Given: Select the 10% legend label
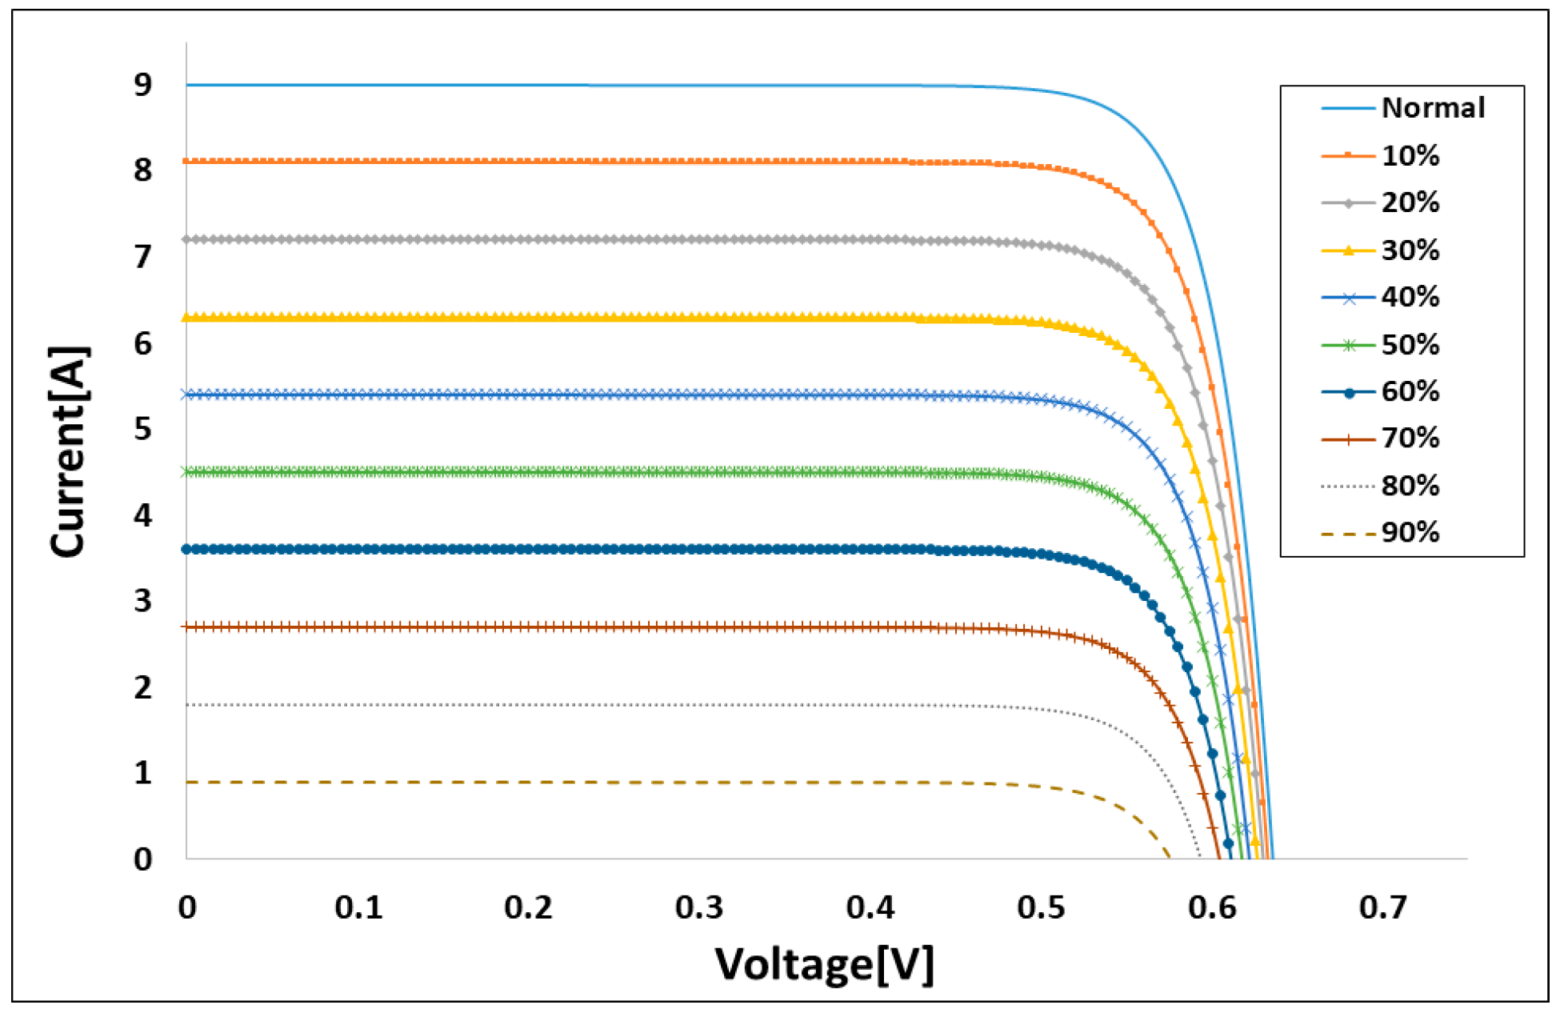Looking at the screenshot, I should [1410, 155].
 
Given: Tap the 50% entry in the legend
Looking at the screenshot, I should [1410, 345].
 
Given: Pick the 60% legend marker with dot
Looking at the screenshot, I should [1349, 392].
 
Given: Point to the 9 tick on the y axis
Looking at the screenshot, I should [142, 85].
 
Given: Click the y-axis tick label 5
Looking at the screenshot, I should [142, 430].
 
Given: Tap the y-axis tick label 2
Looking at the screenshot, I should [142, 687].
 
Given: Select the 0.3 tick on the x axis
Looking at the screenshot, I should [698, 907].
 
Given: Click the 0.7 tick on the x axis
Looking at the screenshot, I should [1382, 907].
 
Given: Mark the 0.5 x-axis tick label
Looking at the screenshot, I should [1041, 907].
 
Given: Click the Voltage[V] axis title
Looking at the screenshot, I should [824, 963].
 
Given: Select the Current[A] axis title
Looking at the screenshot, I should [69, 452].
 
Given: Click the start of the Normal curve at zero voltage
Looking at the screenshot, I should [187, 85].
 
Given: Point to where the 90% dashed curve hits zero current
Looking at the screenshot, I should [1170, 858].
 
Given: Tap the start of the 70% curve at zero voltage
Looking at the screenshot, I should [187, 627].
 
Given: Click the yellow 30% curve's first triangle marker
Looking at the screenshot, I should [187, 318].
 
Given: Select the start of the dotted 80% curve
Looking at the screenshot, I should [187, 705].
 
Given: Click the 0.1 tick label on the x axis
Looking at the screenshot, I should [358, 907].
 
